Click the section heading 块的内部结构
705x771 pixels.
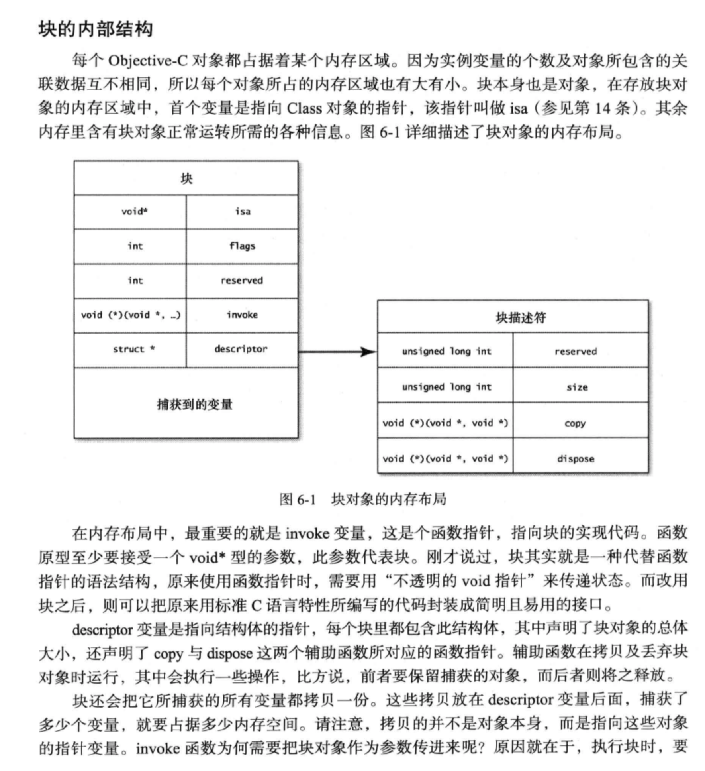coord(96,30)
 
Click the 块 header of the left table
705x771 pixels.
coord(186,178)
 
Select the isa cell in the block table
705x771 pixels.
coord(242,212)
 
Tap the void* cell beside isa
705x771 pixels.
coord(134,212)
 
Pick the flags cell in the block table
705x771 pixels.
coord(242,246)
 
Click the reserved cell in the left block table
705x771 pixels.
coord(242,281)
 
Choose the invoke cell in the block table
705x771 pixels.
coord(242,315)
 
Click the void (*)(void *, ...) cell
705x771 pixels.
coord(130,315)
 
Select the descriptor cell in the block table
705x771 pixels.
coord(241,349)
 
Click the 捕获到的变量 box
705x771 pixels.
coord(194,404)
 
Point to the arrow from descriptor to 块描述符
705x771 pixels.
coord(337,352)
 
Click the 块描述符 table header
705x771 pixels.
coord(520,318)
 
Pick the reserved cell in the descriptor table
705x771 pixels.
coord(576,352)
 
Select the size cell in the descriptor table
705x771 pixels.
coord(577,387)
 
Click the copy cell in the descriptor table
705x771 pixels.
coord(575,423)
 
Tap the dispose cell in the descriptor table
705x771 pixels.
coord(576,459)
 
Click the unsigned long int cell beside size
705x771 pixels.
coord(446,387)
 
